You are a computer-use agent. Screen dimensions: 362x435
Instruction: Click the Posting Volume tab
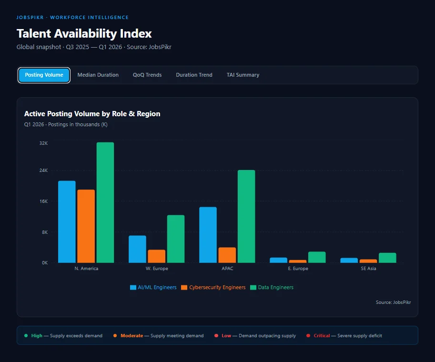tap(44, 75)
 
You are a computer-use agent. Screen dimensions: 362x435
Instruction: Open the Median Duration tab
tap(98, 75)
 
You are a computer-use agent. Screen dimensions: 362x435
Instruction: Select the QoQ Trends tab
tap(147, 75)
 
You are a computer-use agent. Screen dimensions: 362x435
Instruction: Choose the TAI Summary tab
tap(243, 75)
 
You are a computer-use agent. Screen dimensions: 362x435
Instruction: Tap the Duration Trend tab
tap(194, 75)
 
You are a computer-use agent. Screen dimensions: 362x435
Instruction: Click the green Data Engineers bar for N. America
tap(105, 202)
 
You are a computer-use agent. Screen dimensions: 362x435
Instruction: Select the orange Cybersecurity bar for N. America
tap(86, 226)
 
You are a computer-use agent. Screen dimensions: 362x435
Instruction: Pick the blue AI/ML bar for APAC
tap(208, 235)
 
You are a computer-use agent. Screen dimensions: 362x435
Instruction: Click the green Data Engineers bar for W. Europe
tap(176, 239)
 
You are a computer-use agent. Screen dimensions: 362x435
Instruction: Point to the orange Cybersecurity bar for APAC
tap(227, 255)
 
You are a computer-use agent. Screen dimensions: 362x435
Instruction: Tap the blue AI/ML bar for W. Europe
tap(137, 249)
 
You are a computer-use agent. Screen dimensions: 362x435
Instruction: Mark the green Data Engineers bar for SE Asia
tap(387, 258)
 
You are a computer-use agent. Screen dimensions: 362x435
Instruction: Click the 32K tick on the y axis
tap(43, 143)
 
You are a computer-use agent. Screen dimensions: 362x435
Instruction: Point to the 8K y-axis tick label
tap(44, 232)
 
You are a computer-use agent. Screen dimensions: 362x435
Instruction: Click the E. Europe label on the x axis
tap(298, 269)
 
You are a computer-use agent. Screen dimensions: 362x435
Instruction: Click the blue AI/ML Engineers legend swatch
tap(133, 288)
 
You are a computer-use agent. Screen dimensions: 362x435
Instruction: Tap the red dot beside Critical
tap(308, 336)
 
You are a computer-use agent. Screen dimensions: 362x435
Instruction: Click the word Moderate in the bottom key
tap(132, 336)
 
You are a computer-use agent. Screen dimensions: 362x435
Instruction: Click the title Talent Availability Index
tap(84, 34)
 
